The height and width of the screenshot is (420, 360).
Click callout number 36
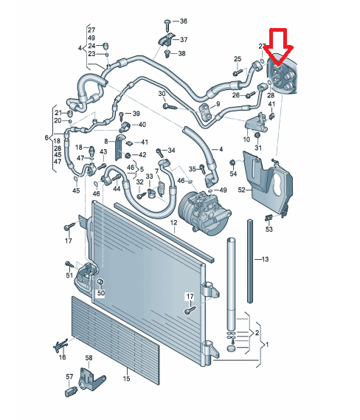coord(184,21)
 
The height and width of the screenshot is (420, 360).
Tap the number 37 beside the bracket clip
coord(184,40)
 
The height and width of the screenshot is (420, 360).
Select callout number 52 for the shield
coord(241,190)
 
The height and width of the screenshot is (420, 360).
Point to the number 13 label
coord(265,259)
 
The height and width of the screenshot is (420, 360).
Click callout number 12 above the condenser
coord(173,222)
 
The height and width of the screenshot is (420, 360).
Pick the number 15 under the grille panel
coord(126,379)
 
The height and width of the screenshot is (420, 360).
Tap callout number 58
coord(89,358)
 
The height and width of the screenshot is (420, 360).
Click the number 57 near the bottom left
coord(69,376)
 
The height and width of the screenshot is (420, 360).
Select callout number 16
coord(62,357)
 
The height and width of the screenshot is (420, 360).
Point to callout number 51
coord(69,275)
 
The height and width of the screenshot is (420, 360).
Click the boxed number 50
coord(101,293)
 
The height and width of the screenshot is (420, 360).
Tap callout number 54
coord(233,173)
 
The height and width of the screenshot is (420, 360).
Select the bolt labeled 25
coord(238,72)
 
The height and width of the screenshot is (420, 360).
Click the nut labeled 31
coord(257,135)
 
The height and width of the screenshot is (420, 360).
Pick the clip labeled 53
coord(269,218)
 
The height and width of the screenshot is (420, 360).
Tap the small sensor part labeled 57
coord(71,391)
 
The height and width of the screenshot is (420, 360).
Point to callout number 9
coord(218,103)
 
